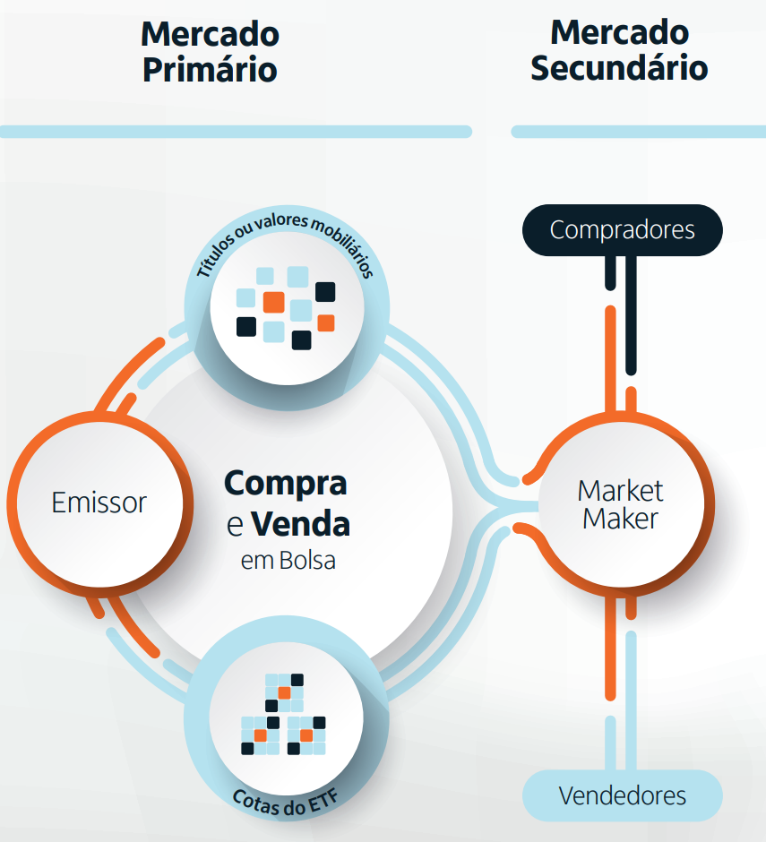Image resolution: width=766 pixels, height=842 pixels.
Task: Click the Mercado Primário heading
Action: [x=210, y=51]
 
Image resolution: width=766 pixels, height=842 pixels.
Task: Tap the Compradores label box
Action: [x=622, y=229]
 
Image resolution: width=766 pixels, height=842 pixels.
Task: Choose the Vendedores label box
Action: [x=622, y=795]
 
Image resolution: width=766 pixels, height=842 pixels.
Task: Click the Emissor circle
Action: [x=99, y=502]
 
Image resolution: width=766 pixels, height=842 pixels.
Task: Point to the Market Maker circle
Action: [x=620, y=503]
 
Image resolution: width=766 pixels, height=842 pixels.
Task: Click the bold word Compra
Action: [x=285, y=483]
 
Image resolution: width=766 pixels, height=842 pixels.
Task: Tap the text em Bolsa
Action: [x=287, y=562]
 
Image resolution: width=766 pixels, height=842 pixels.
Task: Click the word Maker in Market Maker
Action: [x=620, y=519]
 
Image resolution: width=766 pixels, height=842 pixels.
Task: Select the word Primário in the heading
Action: [x=210, y=69]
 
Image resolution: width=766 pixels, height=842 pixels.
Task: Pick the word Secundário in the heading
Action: [x=619, y=67]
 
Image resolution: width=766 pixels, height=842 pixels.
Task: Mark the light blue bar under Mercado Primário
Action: [x=235, y=132]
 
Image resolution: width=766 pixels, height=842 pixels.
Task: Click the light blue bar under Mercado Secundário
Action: [x=638, y=132]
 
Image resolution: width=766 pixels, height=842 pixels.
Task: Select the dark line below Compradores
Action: [x=631, y=314]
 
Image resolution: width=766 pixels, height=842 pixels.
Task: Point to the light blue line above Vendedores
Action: [x=631, y=699]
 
